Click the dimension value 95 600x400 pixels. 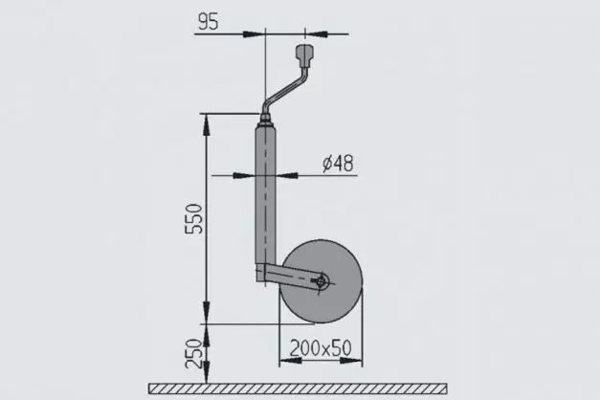pyautogui.click(x=215, y=20)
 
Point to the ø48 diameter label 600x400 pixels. pyautogui.click(x=338, y=164)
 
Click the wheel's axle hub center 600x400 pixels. pyautogui.click(x=322, y=281)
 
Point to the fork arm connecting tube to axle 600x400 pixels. pyautogui.click(x=292, y=278)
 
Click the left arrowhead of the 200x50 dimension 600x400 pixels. pyautogui.click(x=283, y=364)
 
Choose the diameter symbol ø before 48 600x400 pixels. pyautogui.click(x=327, y=164)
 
